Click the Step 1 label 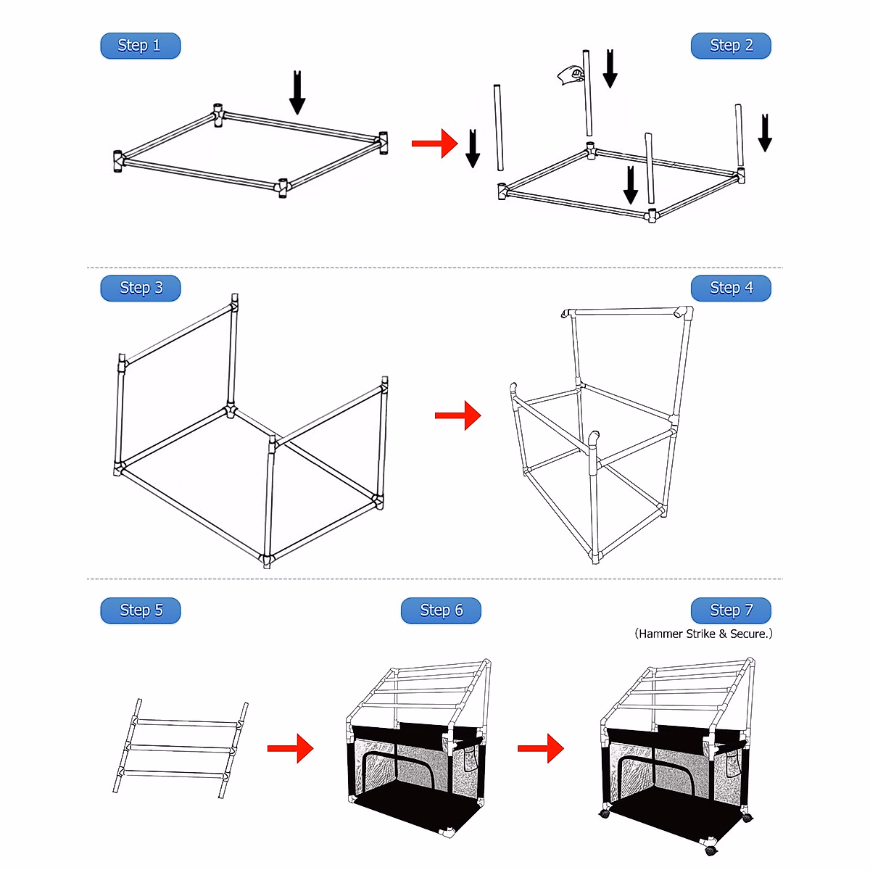[x=140, y=46]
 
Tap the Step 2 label [x=731, y=46]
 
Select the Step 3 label [x=140, y=288]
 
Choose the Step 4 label [x=731, y=288]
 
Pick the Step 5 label [x=140, y=610]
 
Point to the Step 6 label [x=441, y=610]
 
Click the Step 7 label [x=731, y=610]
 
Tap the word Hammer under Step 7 [x=660, y=634]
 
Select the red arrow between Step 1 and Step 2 [x=434, y=144]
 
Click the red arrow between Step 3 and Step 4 [x=457, y=415]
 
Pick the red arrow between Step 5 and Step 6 [x=290, y=748]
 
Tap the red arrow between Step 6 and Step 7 [x=540, y=748]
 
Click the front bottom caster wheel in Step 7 [x=710, y=848]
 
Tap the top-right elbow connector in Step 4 [x=682, y=312]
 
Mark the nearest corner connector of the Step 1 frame [x=283, y=188]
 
